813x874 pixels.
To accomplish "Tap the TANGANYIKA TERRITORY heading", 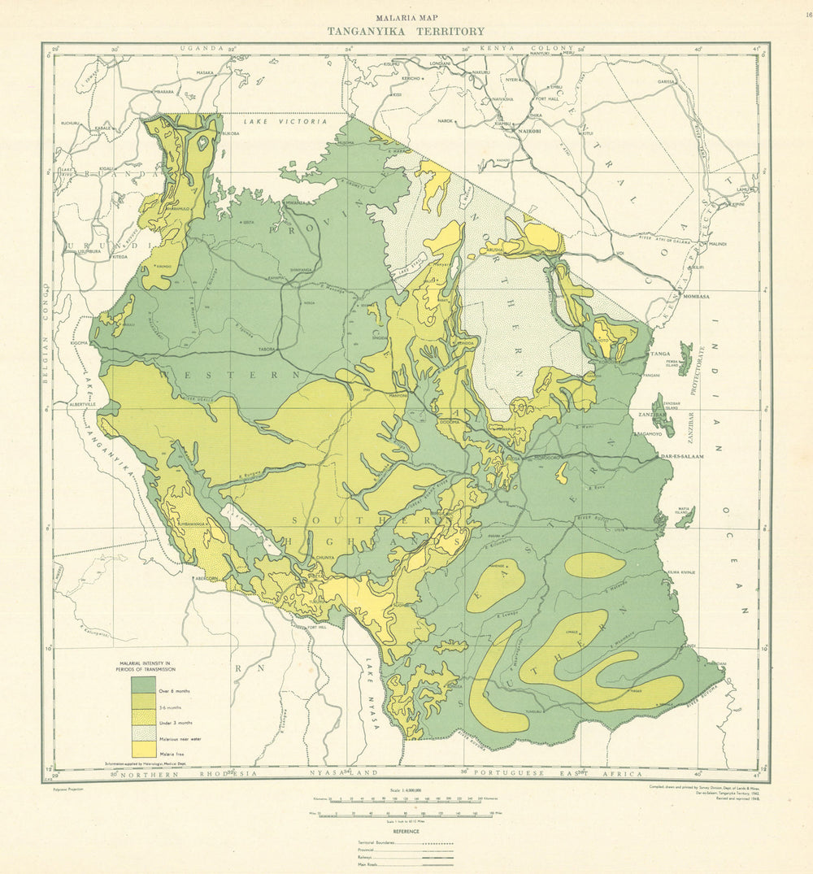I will point(406,32).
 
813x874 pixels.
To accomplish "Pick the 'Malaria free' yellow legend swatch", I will point(143,749).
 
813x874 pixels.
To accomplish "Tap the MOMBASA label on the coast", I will point(693,297).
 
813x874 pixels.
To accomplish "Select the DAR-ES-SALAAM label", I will point(681,458).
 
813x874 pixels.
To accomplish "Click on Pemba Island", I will point(685,358).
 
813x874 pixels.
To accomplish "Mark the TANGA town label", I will point(659,354).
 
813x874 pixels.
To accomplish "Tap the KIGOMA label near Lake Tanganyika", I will point(80,343).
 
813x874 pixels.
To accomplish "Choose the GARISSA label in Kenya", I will point(667,82).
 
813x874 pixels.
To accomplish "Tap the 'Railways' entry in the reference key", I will point(370,858).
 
